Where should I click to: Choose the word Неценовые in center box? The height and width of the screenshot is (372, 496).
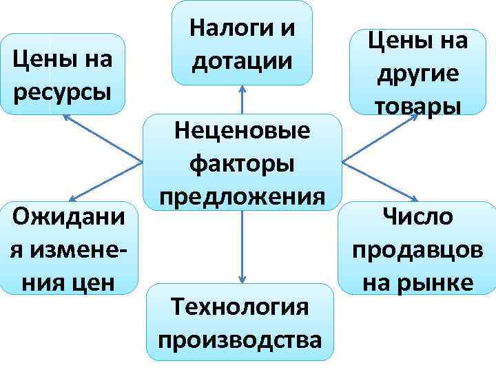click(x=242, y=131)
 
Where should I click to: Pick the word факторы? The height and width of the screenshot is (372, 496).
click(x=242, y=164)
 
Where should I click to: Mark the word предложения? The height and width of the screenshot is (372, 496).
click(x=241, y=196)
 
